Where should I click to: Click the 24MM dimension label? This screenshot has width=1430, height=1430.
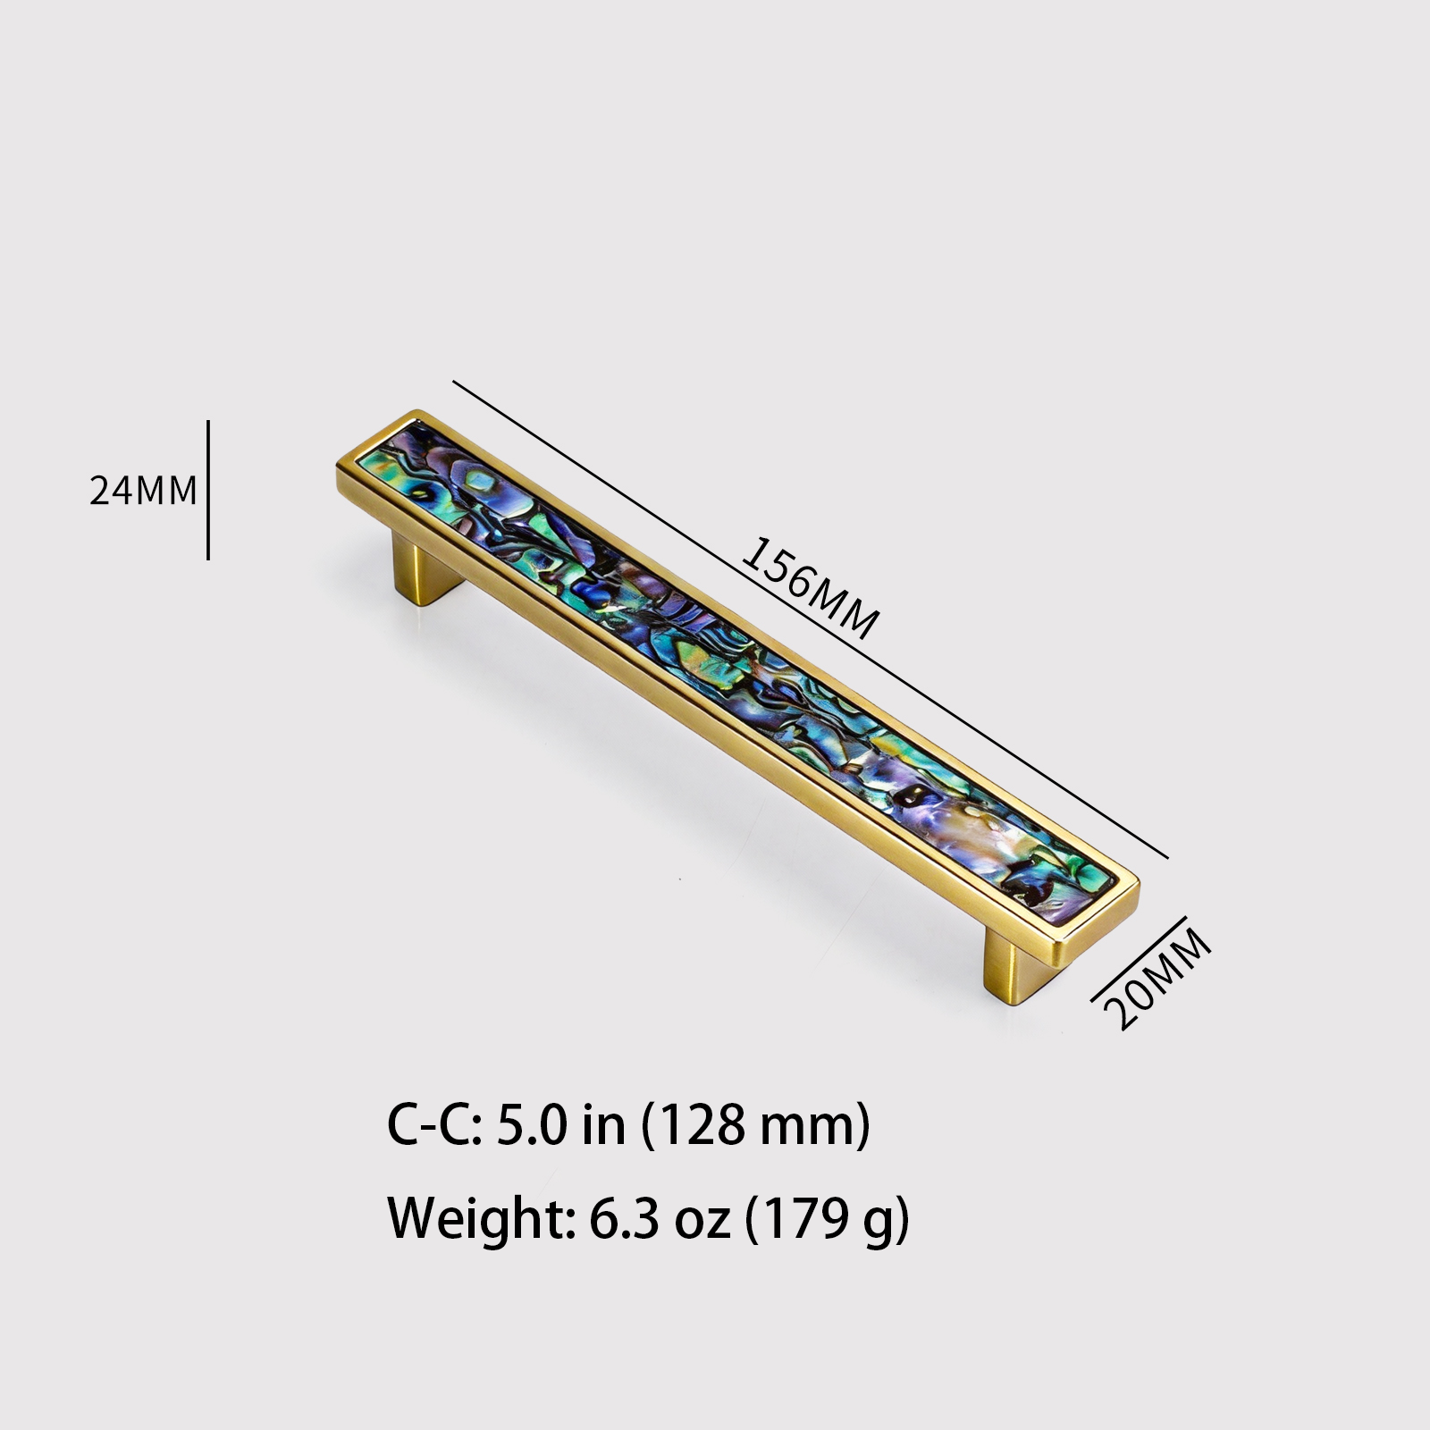point(143,490)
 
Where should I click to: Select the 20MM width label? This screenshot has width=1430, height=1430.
point(1158,979)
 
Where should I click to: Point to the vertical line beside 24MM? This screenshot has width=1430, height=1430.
point(208,490)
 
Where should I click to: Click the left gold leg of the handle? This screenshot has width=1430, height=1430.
point(427,572)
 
